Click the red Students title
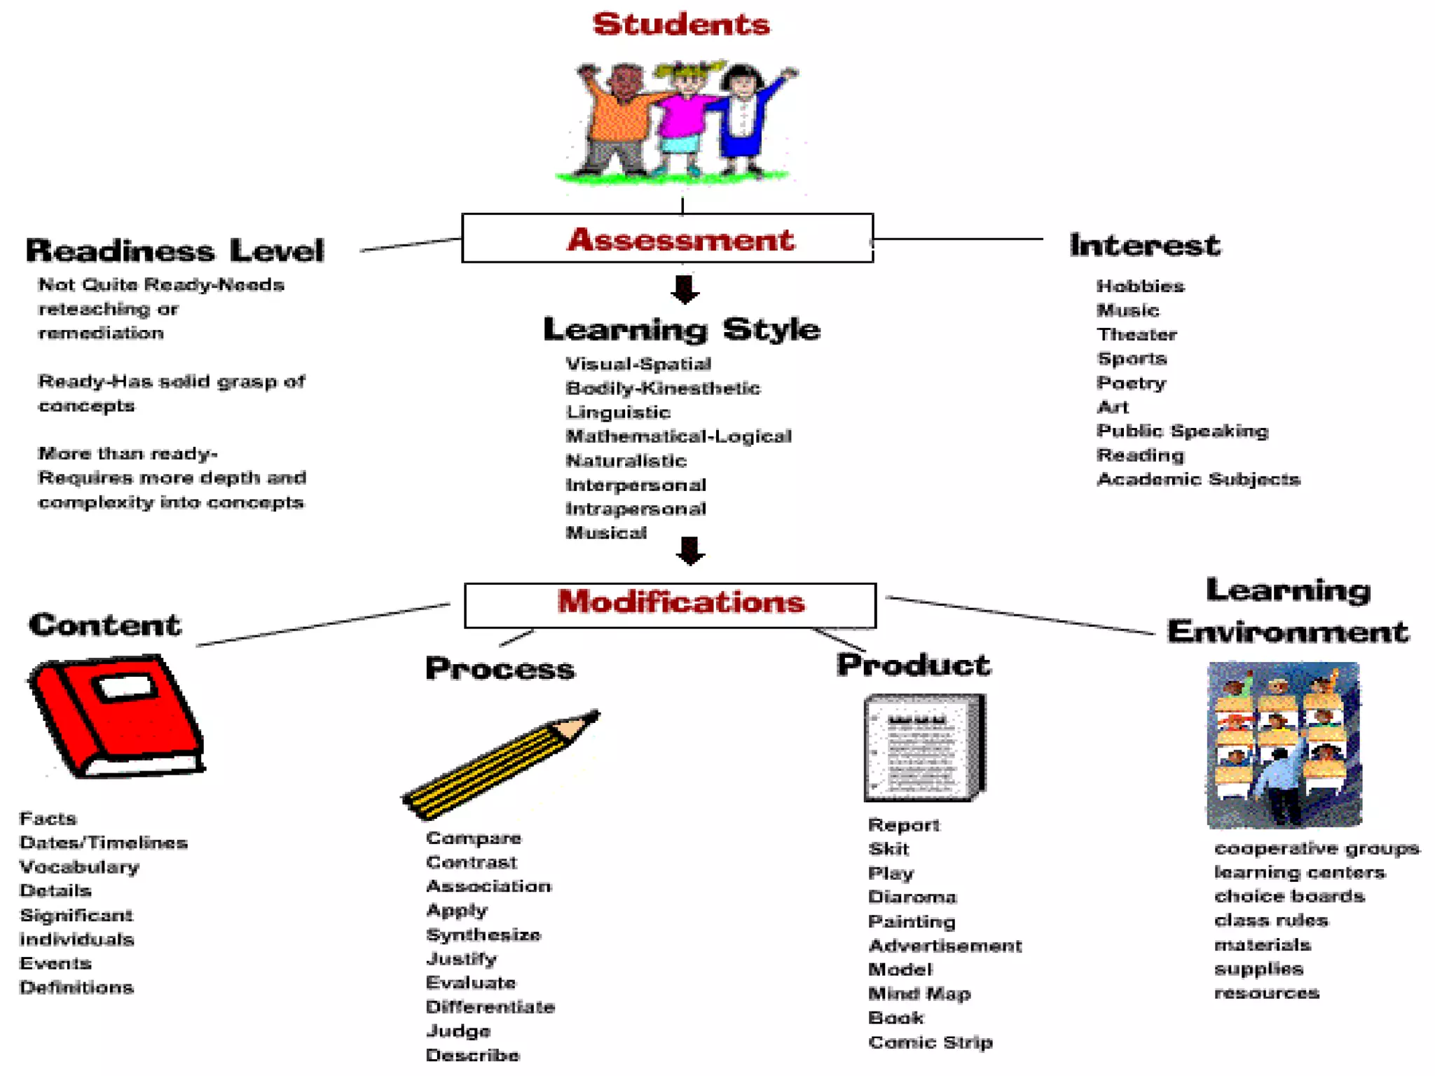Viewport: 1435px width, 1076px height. pos(681,25)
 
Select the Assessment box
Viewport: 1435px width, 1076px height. pos(667,239)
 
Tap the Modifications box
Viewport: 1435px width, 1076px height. pos(670,605)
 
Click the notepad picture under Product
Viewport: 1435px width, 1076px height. pos(924,747)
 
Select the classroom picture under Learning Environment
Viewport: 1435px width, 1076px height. pos(1284,744)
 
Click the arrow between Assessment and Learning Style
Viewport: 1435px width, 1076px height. pos(685,289)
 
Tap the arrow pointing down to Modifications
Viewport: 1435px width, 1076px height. pos(690,551)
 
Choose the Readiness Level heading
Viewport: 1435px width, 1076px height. pos(175,250)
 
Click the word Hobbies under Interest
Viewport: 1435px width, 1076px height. pos(1140,286)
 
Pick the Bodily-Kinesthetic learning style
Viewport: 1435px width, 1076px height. pos(662,388)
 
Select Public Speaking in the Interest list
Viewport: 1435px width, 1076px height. pos(1182,431)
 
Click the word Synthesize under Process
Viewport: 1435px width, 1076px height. pos(483,934)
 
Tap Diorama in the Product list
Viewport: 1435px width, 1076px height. pos(912,897)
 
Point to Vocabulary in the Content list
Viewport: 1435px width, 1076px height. pos(79,867)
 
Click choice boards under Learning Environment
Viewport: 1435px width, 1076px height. pos(1289,896)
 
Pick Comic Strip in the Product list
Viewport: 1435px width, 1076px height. pos(930,1042)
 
